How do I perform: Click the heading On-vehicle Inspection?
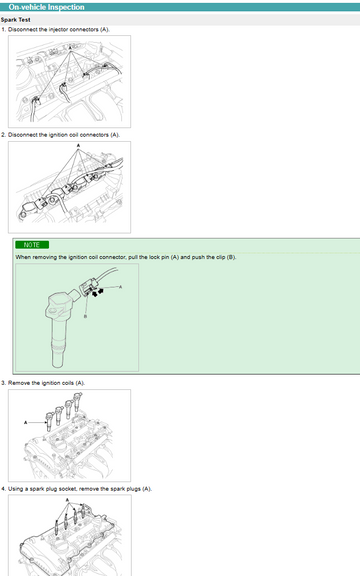pos(46,7)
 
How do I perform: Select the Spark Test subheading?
pos(15,20)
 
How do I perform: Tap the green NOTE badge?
pos(32,245)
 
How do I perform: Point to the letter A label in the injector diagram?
pos(71,48)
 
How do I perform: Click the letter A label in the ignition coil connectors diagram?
pos(78,146)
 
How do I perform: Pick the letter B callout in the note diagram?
pos(85,316)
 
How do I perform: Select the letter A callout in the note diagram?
pos(120,287)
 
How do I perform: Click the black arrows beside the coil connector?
pos(98,293)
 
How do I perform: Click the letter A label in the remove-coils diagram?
pos(26,422)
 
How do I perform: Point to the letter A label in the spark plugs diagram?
pos(67,500)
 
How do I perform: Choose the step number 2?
pos(3,135)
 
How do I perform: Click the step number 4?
pos(3,489)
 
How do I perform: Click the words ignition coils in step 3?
pos(58,383)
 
